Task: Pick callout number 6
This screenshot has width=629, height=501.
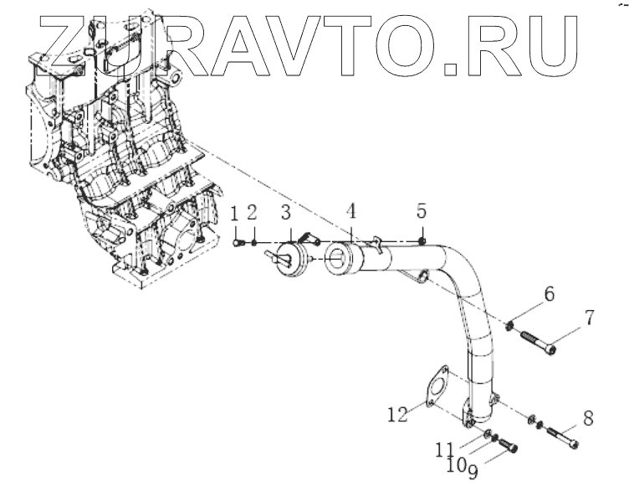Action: [549, 295]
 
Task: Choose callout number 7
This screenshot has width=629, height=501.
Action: [589, 317]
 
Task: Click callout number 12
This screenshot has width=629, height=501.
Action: [397, 412]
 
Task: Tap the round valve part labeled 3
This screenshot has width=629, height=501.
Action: [286, 255]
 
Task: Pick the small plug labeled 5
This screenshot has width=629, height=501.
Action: [422, 241]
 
